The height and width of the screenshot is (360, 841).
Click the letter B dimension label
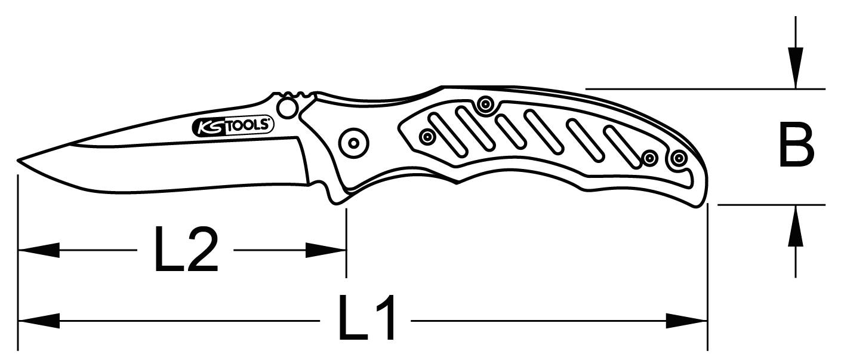coord(796,146)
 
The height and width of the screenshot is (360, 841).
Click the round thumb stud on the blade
coord(288,107)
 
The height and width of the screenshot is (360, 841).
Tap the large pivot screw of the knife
coord(353,143)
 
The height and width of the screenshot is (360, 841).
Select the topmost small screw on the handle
coord(485,105)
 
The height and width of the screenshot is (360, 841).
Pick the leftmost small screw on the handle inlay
coord(427,137)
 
